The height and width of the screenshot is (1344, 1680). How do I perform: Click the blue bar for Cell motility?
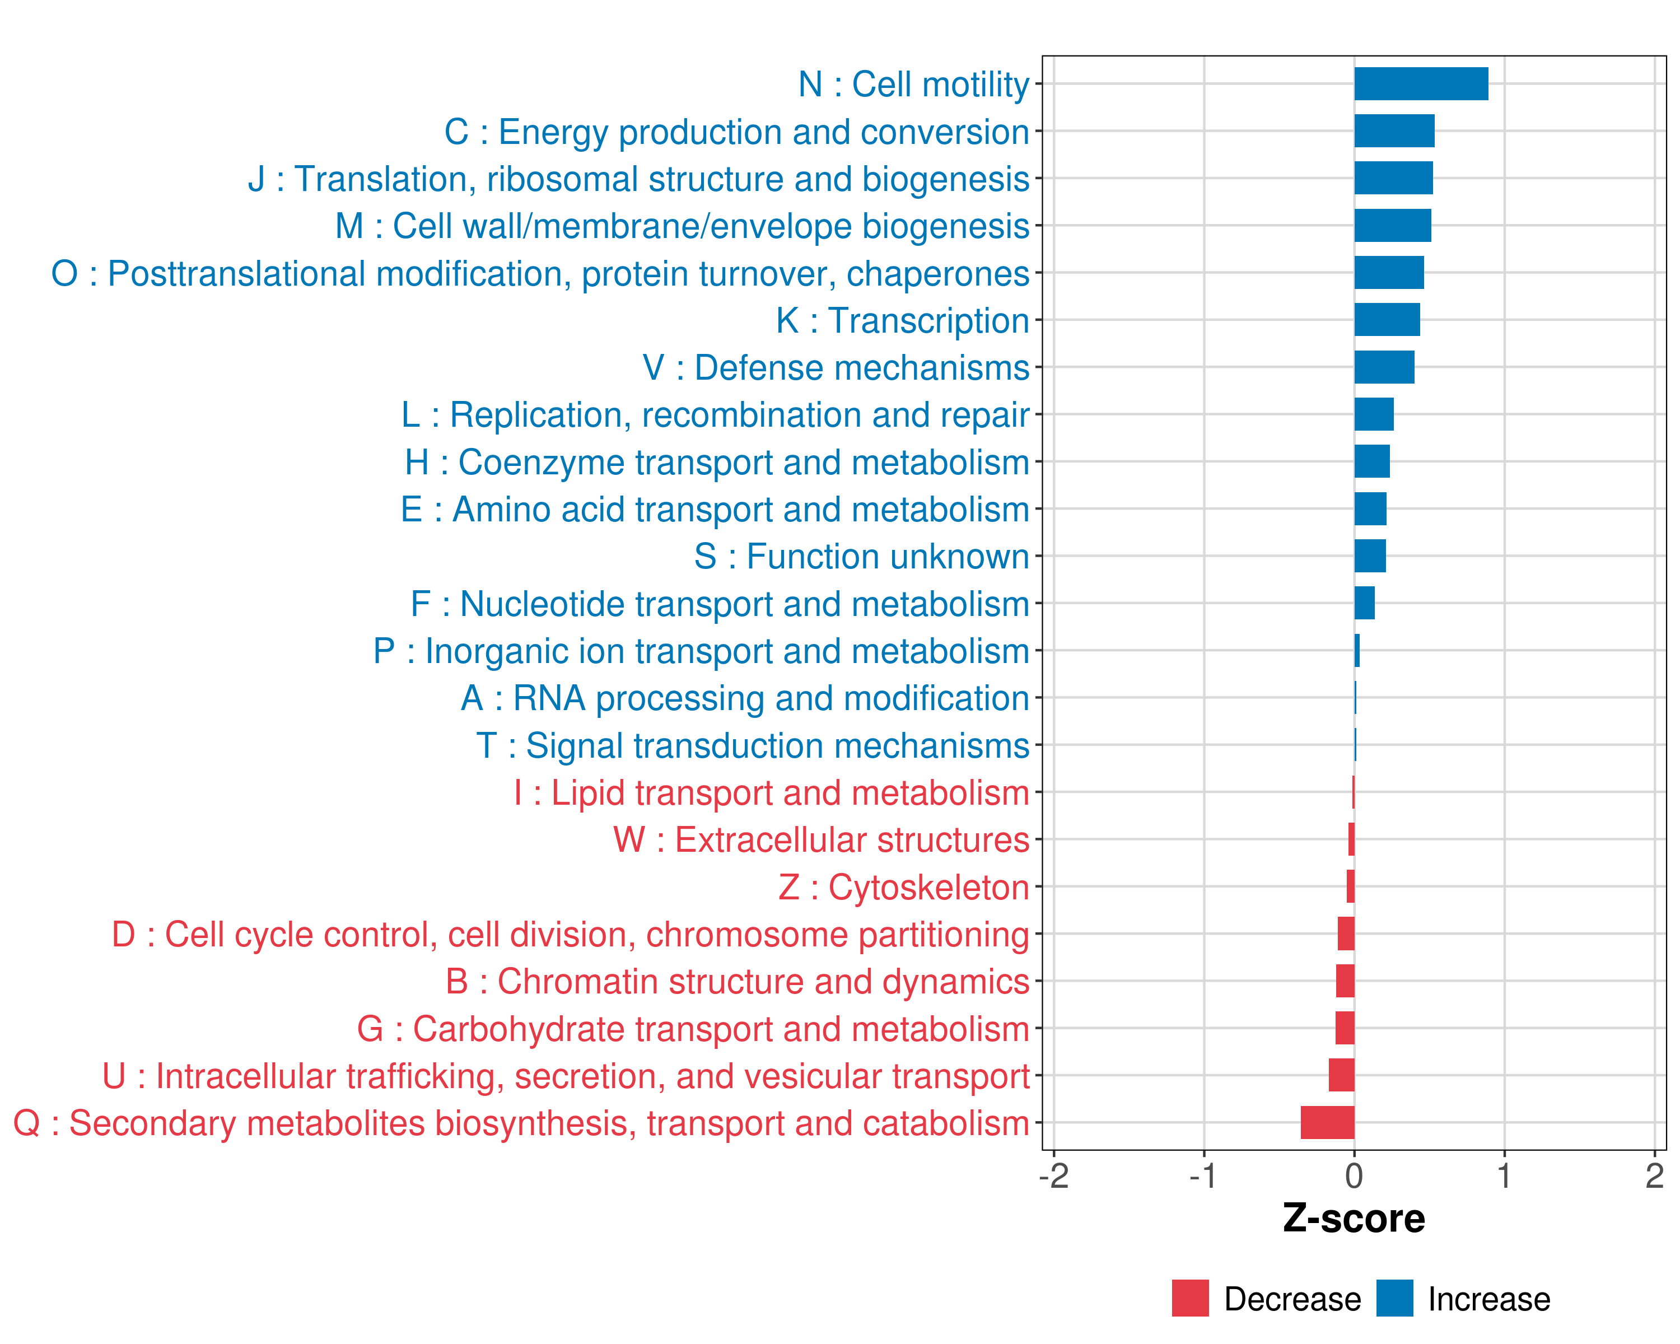point(1421,84)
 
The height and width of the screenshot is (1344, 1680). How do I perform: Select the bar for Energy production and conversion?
point(1394,131)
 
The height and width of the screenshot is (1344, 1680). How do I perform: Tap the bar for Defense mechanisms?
point(1384,367)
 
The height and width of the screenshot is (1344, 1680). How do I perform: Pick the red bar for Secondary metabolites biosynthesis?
point(1327,1123)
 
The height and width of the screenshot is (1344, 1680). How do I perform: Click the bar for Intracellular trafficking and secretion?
point(1341,1075)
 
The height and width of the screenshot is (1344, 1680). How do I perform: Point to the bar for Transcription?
point(1387,319)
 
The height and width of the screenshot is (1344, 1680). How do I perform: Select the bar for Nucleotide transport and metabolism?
point(1364,603)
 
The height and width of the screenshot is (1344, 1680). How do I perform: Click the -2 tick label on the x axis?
point(1053,1175)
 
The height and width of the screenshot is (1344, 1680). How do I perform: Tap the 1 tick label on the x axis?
point(1504,1175)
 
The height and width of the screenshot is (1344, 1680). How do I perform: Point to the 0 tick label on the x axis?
point(1354,1175)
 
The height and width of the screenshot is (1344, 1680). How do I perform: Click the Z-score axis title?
point(1354,1219)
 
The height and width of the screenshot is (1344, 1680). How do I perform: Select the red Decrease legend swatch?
point(1190,1298)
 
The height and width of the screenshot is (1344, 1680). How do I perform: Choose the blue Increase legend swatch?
point(1394,1298)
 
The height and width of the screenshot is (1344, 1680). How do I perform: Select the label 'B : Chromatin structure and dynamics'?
point(737,982)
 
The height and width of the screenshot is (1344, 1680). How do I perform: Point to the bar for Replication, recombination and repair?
point(1374,414)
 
